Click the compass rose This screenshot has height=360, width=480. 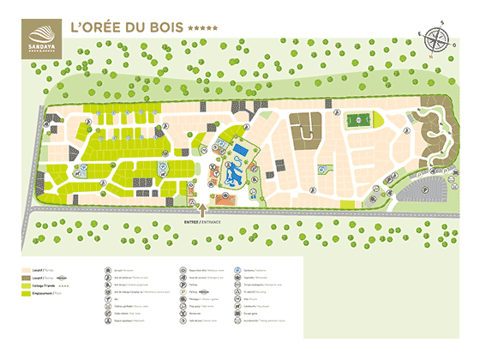tap(437, 39)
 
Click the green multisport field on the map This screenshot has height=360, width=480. tap(358, 121)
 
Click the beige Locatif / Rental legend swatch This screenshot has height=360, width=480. tap(26, 269)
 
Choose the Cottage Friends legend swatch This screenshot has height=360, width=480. tap(26, 285)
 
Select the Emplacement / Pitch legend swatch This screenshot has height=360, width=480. tap(26, 294)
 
